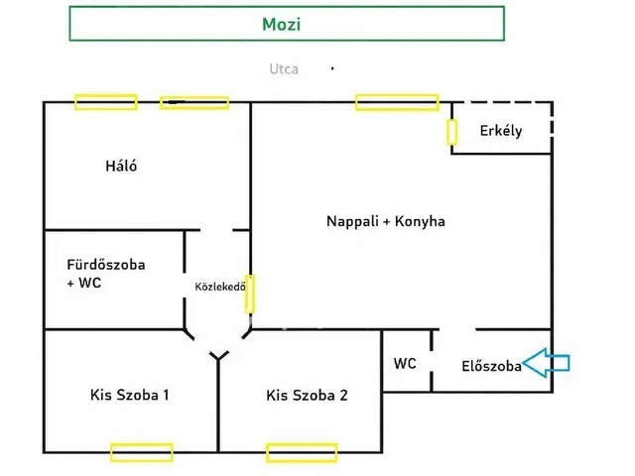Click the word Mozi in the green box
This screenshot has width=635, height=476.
[286, 24]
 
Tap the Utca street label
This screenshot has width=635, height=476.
[284, 69]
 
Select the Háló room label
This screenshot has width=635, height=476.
[121, 166]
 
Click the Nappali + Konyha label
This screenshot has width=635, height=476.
[386, 221]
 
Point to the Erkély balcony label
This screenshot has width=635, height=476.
[500, 131]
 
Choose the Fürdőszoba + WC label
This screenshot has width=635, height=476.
[105, 274]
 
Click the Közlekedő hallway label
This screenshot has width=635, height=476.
[219, 288]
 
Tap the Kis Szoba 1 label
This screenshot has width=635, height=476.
[129, 395]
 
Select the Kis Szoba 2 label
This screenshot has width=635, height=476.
[307, 396]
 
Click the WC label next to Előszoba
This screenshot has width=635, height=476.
[405, 363]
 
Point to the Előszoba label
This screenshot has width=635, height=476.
[491, 365]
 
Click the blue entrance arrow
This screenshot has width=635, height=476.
[546, 364]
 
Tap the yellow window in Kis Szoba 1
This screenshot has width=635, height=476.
[141, 453]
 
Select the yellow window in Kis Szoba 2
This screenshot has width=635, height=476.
[302, 453]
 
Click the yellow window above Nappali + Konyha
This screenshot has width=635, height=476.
[397, 101]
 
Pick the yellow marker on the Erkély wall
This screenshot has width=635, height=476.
[451, 132]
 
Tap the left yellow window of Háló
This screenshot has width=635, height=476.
[105, 101]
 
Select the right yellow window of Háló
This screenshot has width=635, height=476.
[194, 102]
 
